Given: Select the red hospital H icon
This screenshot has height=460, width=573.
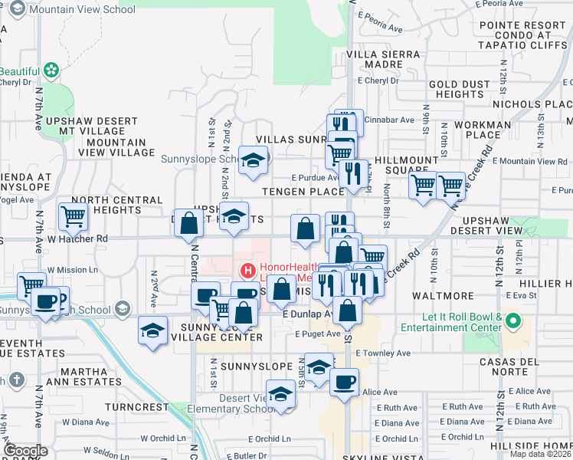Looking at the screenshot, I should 248,271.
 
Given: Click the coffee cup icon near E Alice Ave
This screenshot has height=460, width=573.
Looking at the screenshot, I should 344,381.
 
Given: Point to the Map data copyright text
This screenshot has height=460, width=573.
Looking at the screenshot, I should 540,454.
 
